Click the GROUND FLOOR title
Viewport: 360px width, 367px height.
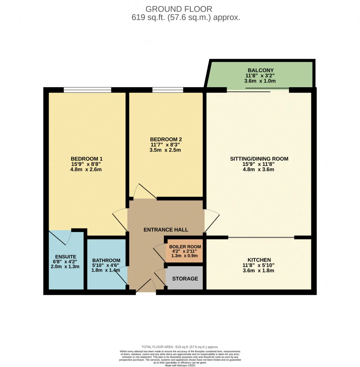click(x=179, y=9)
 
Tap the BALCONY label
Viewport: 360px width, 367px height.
click(x=260, y=70)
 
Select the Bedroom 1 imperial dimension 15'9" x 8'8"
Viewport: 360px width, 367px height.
click(x=86, y=164)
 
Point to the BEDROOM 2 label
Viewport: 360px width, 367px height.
click(x=166, y=139)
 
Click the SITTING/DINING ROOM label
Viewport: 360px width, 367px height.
click(x=259, y=159)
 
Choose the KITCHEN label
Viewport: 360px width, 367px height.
click(x=259, y=260)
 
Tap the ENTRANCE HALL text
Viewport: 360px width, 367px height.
click(x=166, y=230)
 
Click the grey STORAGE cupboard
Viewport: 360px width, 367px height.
click(x=184, y=278)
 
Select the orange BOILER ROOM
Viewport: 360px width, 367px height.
click(x=184, y=251)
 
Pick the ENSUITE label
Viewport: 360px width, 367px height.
click(x=66, y=257)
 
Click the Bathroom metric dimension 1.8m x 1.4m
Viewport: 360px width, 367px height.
click(x=106, y=270)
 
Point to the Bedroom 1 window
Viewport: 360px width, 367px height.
click(x=87, y=90)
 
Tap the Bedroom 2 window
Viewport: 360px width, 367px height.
click(x=168, y=90)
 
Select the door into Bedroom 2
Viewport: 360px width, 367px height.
click(x=145, y=191)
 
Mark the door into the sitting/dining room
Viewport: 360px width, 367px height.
click(x=212, y=221)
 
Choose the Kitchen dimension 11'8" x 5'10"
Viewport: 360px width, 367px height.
click(x=258, y=265)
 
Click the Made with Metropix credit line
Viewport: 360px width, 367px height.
click(x=180, y=366)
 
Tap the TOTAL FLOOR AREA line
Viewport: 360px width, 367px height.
click(x=180, y=347)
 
